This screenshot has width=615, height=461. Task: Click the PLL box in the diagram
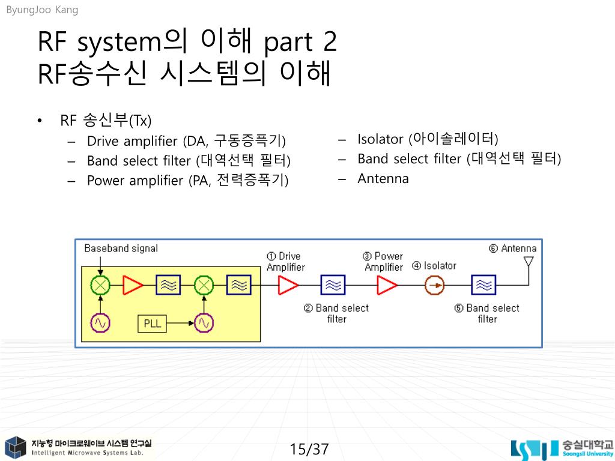tap(153, 324)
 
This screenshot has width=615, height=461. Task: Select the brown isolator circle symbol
tap(434, 286)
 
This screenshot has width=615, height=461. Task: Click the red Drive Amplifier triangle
tap(288, 286)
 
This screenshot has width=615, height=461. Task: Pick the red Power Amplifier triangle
tap(386, 286)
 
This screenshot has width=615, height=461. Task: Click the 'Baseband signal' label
tap(121, 248)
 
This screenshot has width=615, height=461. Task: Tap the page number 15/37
tap(309, 449)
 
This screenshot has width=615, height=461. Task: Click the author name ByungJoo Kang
tap(42, 10)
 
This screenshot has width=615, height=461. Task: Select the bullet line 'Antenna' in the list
tap(383, 178)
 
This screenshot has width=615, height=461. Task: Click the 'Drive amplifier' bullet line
tap(186, 141)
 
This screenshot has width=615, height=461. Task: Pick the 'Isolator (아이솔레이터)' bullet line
tap(428, 139)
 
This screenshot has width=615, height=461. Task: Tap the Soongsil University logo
tap(562, 449)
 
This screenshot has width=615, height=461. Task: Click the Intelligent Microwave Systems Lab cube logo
tap(15, 448)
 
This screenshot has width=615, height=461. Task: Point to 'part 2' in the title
tap(300, 43)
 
